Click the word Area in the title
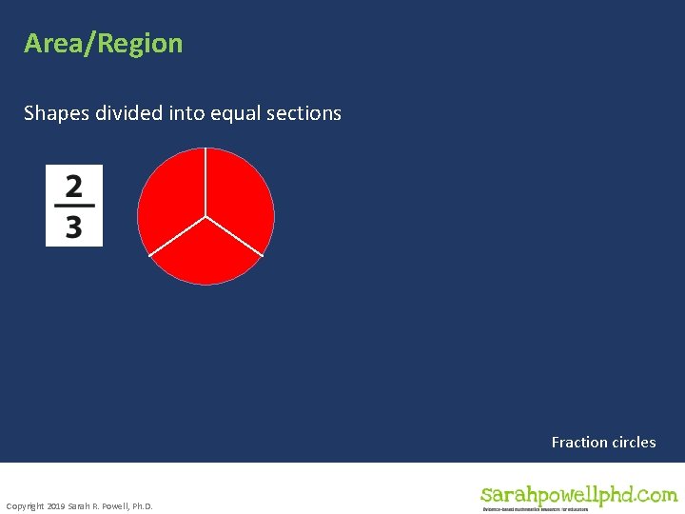pos(52,44)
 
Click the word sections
pos(303,113)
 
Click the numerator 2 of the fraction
pos(74,185)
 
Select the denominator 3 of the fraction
pos(74,227)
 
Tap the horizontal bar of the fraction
pos(74,206)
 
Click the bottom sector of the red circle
pos(205,255)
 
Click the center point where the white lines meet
pos(205,216)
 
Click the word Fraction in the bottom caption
pos(578,442)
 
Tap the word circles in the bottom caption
pos(632,442)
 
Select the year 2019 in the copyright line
pos(56,505)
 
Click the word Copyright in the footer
pos(25,505)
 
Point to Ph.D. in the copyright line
pos(140,505)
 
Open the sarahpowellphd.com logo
pos(578,496)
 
